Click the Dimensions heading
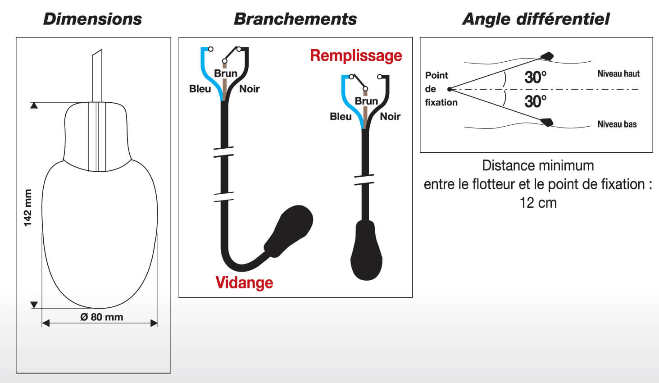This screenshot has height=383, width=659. (92, 19)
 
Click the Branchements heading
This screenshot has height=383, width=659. (295, 19)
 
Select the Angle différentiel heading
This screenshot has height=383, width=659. (536, 19)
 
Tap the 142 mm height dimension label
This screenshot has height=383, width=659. (28, 208)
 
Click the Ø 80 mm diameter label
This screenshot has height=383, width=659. (101, 317)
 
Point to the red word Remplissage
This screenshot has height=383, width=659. (356, 55)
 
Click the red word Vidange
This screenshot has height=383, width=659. (244, 283)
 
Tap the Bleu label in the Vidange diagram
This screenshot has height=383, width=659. (200, 89)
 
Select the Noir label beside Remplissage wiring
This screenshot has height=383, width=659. (390, 116)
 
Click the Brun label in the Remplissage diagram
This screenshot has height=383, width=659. (366, 101)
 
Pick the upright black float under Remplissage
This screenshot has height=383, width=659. (367, 252)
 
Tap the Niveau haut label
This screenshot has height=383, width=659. (618, 73)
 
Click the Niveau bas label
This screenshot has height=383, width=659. (617, 124)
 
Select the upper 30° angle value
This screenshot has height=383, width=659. (535, 78)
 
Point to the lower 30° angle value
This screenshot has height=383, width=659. (535, 101)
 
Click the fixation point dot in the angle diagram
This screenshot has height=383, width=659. (450, 89)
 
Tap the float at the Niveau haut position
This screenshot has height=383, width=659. (547, 56)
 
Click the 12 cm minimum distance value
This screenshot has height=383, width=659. (538, 203)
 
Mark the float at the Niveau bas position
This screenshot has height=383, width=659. (547, 122)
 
